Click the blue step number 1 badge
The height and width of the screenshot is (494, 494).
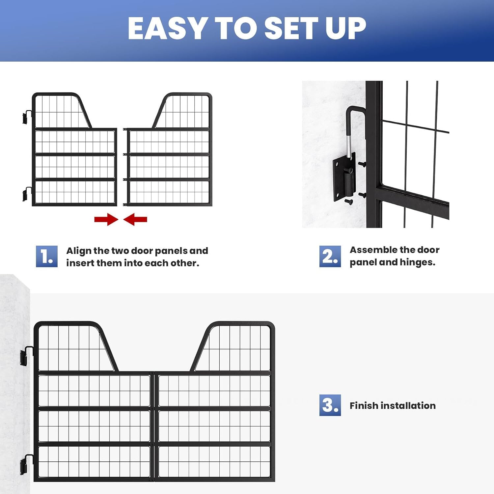(46, 256)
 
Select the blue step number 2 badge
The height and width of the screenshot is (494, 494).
(330, 256)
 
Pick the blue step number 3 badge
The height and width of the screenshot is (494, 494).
(330, 405)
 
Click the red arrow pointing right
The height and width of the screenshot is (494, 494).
(106, 219)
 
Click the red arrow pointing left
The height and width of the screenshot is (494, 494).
(135, 219)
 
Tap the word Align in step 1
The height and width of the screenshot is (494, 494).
(79, 251)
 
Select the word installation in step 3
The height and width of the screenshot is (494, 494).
(408, 405)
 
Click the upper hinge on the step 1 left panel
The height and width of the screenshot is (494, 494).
(27, 117)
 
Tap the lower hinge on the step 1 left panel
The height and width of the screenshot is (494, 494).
(27, 194)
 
